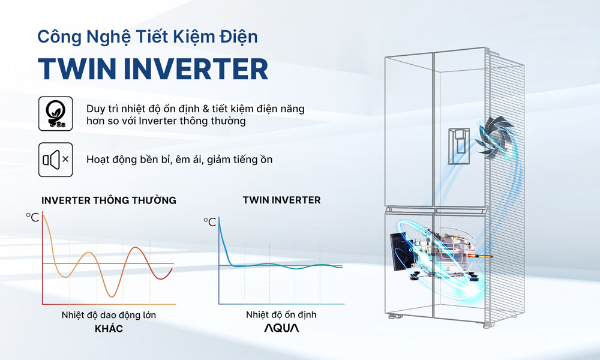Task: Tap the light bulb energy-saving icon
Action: [55, 113]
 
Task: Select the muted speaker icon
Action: [55, 160]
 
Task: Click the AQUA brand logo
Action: [281, 328]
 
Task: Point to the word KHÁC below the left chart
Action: [109, 328]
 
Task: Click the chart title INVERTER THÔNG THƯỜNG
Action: [109, 200]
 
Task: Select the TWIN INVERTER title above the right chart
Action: [281, 200]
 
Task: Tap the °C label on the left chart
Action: [32, 217]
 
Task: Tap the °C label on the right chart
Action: [209, 222]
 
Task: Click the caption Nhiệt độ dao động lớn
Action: [109, 315]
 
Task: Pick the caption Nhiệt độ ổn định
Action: [281, 315]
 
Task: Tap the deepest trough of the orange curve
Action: [112, 296]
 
